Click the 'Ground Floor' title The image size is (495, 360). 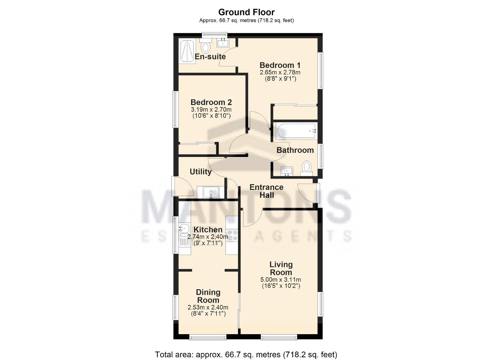coord(246,12)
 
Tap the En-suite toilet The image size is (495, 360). coord(205,46)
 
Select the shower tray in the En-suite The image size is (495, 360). coord(188,51)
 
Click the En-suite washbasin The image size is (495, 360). coord(222,43)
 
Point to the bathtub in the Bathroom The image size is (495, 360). coord(296,131)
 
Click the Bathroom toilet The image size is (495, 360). coord(307,168)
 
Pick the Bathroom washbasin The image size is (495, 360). coord(287,171)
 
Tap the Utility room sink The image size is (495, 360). coord(211,192)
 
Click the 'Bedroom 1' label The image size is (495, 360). coord(280,65)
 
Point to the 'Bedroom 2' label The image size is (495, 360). coord(211,102)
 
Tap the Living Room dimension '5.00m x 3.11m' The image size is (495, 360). coord(281,280)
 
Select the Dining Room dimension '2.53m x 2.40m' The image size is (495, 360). coord(208,307)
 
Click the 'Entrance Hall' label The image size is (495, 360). coord(266,191)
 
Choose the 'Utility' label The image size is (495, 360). coord(201,172)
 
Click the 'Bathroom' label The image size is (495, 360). coord(295,150)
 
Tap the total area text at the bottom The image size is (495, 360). coord(246,348)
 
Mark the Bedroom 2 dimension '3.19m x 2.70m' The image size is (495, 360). coord(211,109)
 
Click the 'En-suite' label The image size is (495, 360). coord(210,56)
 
